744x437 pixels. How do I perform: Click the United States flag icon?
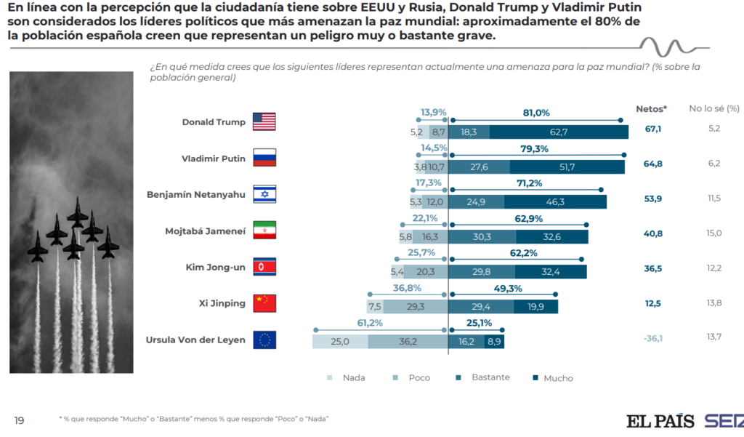pos(264,121)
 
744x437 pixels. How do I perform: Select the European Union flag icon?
pos(264,340)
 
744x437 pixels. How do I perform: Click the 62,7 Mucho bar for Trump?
pos(558,132)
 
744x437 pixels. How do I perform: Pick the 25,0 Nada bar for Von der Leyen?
pos(340,342)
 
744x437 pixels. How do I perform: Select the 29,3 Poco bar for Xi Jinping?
pos(416,306)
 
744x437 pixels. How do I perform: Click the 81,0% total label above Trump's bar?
pos(536,113)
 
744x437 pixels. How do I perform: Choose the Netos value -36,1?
pos(652,337)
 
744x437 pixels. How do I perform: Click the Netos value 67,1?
pos(652,129)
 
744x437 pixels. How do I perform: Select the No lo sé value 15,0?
pos(713,233)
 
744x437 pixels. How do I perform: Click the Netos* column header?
pos(651,108)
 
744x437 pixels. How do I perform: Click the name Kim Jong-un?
pos(216,267)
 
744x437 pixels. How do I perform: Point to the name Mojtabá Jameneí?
pos(206,231)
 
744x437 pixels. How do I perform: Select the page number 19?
pos(20,420)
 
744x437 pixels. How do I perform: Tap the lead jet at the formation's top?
pos(78,212)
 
